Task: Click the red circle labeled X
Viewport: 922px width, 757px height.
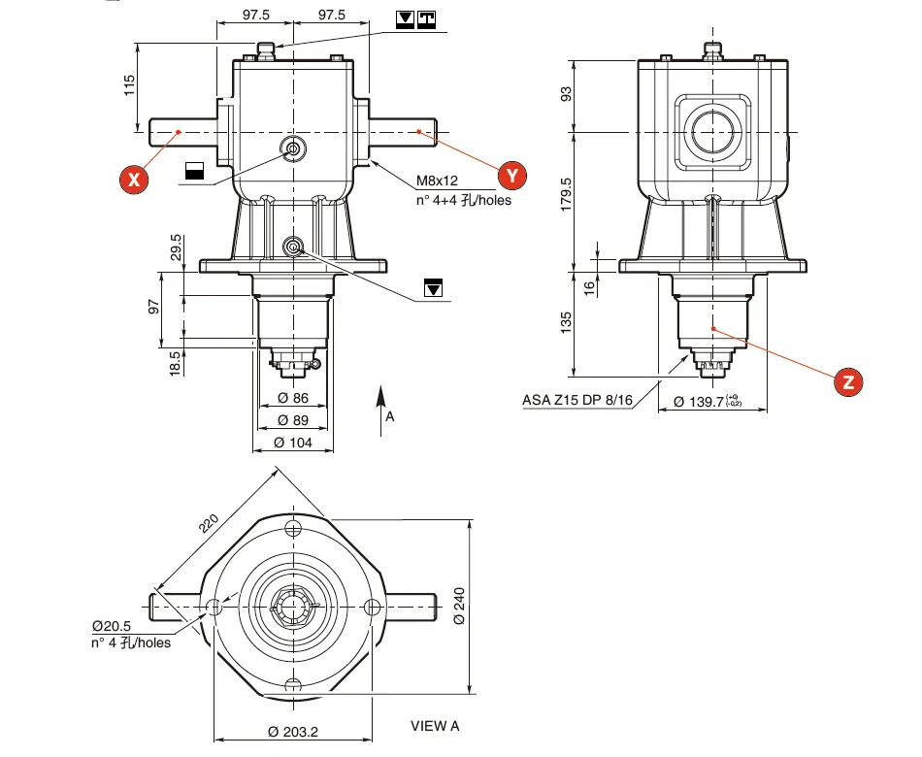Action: pyautogui.click(x=135, y=179)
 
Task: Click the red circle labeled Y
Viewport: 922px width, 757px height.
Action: pyautogui.click(x=512, y=176)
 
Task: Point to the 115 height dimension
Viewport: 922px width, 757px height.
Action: pyautogui.click(x=130, y=86)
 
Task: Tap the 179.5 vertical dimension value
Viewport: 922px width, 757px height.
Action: pyautogui.click(x=567, y=194)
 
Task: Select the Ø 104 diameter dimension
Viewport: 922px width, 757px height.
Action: pyautogui.click(x=292, y=443)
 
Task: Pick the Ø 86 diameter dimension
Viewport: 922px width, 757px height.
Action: pyautogui.click(x=292, y=398)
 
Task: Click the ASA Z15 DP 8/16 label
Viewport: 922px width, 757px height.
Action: pyautogui.click(x=577, y=399)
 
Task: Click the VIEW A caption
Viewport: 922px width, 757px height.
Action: pyautogui.click(x=435, y=725)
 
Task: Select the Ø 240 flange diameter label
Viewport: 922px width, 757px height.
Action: pyautogui.click(x=458, y=606)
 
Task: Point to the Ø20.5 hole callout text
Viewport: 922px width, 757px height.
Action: pyautogui.click(x=113, y=626)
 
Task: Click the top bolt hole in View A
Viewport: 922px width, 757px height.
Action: pyautogui.click(x=293, y=527)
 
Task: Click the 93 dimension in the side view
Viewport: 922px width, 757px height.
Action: pyautogui.click(x=567, y=93)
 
